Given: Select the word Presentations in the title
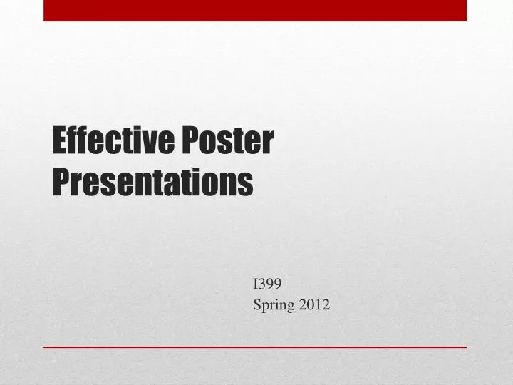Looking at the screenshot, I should click(x=153, y=183).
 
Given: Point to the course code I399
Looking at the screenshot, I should click(x=268, y=284).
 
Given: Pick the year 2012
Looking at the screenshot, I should click(x=314, y=306).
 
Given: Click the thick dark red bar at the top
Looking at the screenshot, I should click(x=255, y=10).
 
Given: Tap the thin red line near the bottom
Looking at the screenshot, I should click(x=255, y=346).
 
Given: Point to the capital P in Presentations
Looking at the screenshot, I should click(x=61, y=183).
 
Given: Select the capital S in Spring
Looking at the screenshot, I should click(x=257, y=306).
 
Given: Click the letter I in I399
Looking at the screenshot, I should click(x=256, y=284).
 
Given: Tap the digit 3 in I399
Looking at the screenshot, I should click(x=262, y=284).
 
